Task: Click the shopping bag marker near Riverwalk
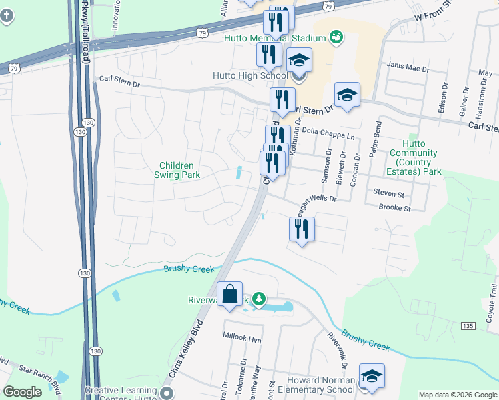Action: [x=229, y=295]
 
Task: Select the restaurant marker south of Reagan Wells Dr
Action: [x=302, y=229]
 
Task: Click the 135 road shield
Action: [x=468, y=325]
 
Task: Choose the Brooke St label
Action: [x=394, y=208]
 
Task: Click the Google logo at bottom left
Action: [x=23, y=392]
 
